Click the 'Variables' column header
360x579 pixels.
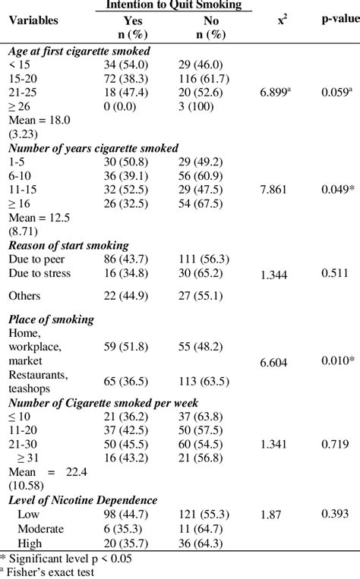click(33, 20)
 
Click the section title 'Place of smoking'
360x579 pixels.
click(51, 319)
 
